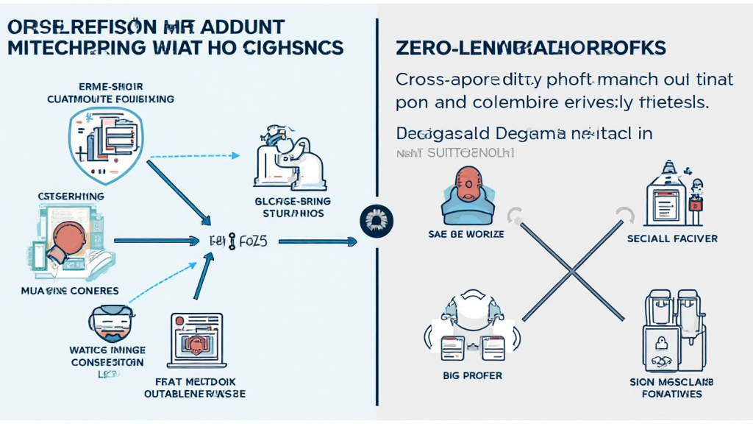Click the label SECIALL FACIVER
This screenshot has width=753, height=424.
(672, 239)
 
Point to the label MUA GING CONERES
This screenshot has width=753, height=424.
(71, 290)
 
